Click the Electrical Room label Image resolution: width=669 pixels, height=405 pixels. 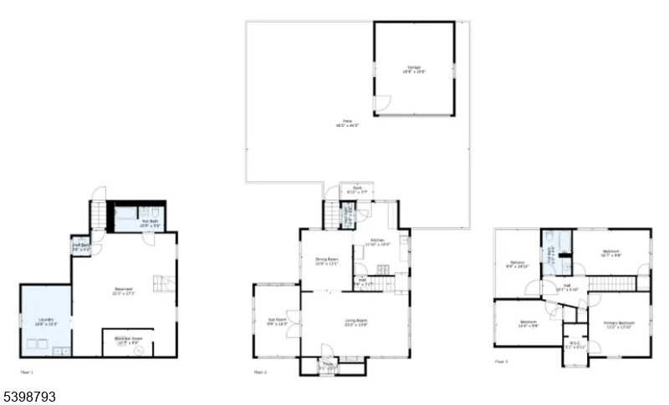pyautogui.click(x=127, y=339)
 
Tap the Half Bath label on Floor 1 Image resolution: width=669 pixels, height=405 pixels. pyautogui.click(x=80, y=246)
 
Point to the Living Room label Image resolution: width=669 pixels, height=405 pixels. pyautogui.click(x=356, y=322)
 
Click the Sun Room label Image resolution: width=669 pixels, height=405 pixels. pyautogui.click(x=277, y=321)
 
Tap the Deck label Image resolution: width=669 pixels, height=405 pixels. pyautogui.click(x=356, y=190)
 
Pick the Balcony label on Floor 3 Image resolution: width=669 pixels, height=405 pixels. pyautogui.click(x=518, y=265)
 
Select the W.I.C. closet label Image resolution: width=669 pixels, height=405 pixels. pyautogui.click(x=574, y=341)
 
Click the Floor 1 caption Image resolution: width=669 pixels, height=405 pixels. pyautogui.click(x=28, y=371)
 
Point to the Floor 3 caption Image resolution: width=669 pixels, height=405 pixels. pyautogui.click(x=501, y=362)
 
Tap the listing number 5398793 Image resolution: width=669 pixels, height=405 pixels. pyautogui.click(x=28, y=396)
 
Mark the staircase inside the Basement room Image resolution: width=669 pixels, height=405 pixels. pyautogui.click(x=165, y=284)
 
